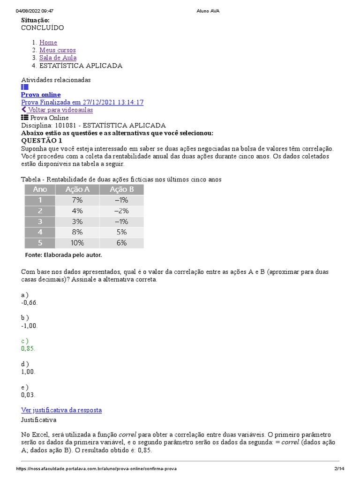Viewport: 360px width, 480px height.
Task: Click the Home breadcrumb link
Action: (x=48, y=43)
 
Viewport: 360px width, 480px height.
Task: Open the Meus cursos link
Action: (x=57, y=50)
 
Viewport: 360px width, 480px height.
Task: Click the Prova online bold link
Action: (x=41, y=95)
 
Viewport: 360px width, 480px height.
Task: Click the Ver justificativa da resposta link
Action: (x=61, y=410)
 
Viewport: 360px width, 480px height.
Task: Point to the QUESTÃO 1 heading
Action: (x=42, y=141)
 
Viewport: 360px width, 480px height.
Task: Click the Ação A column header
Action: (x=77, y=189)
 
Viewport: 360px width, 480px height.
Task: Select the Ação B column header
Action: (x=121, y=189)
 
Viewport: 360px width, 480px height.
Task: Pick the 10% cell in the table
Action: (x=77, y=243)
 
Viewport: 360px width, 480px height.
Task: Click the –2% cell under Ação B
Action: (x=121, y=210)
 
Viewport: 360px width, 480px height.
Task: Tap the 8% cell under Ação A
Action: (x=77, y=232)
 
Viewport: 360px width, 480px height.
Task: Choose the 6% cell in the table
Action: (x=121, y=243)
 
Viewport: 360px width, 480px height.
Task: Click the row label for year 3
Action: (x=40, y=221)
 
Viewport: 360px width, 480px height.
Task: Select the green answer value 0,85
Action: (x=28, y=349)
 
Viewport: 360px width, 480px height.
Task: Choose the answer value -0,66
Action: (x=29, y=302)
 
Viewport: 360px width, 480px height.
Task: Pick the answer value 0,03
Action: (x=28, y=395)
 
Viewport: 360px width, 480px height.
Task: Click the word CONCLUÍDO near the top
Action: (x=43, y=28)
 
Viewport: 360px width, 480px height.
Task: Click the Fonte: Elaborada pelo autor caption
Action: (x=63, y=255)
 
